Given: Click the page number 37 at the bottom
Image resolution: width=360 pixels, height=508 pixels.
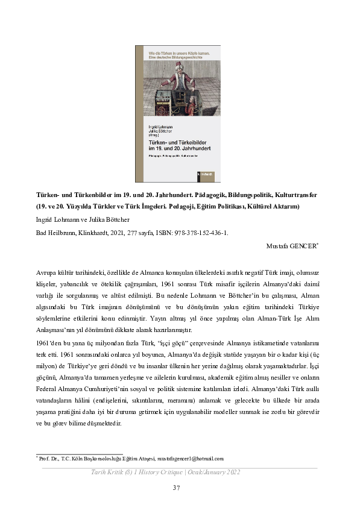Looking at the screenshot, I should point(177,488).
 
